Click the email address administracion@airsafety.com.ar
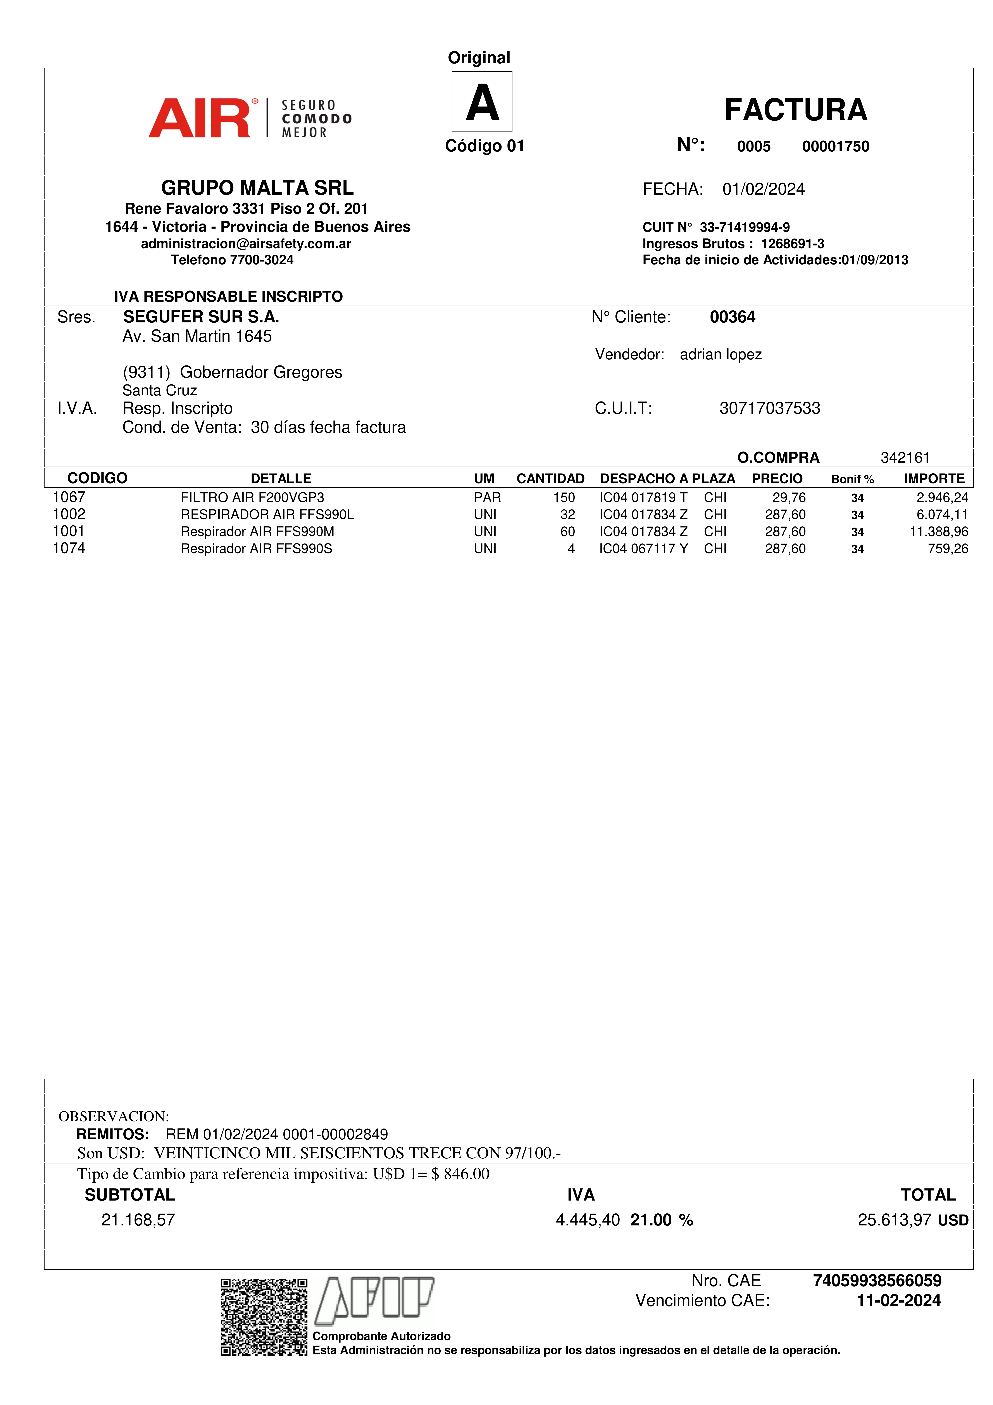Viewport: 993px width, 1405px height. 246,244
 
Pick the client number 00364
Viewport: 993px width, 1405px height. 732,317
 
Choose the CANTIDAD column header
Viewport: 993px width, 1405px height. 550,479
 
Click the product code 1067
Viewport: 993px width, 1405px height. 69,498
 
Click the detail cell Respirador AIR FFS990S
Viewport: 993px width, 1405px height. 256,549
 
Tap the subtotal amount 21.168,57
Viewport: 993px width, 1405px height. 138,1220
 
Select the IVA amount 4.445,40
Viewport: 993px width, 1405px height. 587,1220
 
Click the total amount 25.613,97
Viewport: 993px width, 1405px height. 894,1220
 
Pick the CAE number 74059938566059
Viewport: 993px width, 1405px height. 877,1281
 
